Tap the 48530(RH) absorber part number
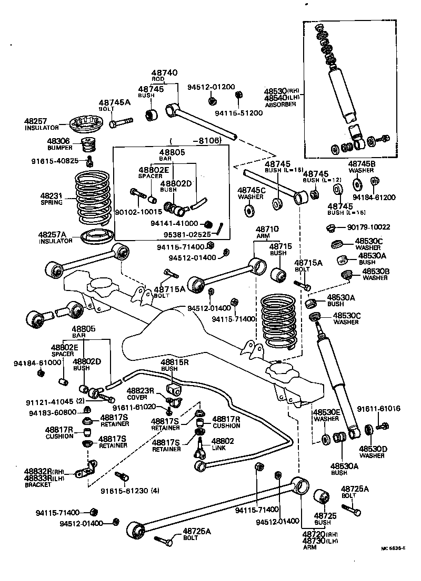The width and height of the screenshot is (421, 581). pyautogui.click(x=282, y=91)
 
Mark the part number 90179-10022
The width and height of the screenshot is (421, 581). pyautogui.click(x=368, y=227)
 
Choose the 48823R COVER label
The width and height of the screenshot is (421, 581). pyautogui.click(x=140, y=393)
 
